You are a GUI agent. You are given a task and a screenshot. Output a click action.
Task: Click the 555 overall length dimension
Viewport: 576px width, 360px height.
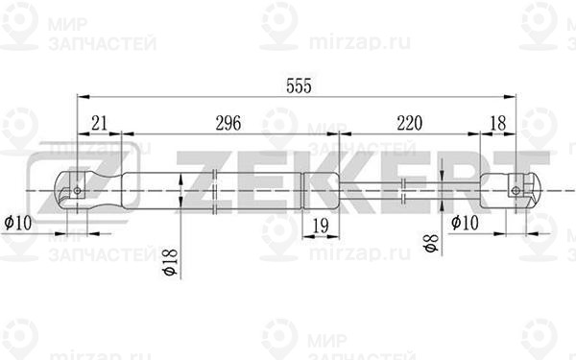pyautogui.click(x=299, y=84)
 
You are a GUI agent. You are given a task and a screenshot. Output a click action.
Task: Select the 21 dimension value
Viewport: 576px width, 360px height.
pyautogui.click(x=99, y=122)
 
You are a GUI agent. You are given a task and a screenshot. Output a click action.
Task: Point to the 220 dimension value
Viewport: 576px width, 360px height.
pyautogui.click(x=409, y=122)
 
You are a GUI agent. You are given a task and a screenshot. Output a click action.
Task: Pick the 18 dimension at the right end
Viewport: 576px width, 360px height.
pyautogui.click(x=497, y=122)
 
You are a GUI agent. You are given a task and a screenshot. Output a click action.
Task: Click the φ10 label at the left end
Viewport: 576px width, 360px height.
pyautogui.click(x=18, y=223)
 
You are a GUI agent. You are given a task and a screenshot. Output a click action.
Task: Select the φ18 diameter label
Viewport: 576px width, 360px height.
pyautogui.click(x=169, y=258)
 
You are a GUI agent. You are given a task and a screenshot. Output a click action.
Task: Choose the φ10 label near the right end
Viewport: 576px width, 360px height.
pyautogui.click(x=466, y=223)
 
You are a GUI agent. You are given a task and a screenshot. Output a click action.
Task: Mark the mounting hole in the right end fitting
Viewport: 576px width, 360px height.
pyautogui.click(x=516, y=189)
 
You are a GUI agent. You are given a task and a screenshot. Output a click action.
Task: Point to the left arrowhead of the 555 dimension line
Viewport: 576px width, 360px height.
pyautogui.click(x=81, y=96)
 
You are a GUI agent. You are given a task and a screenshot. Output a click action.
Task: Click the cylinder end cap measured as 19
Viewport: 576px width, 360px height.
pyautogui.click(x=318, y=189)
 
